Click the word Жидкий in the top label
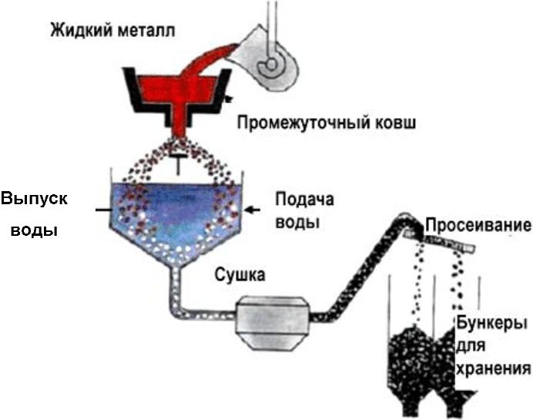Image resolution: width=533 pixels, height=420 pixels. tap(80, 31)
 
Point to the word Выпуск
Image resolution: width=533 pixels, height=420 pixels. tap(35, 198)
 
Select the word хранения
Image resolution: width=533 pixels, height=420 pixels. tap(492, 368)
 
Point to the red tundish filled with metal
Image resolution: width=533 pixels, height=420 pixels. tap(178, 92)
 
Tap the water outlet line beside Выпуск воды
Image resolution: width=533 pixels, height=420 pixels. tap(102, 209)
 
